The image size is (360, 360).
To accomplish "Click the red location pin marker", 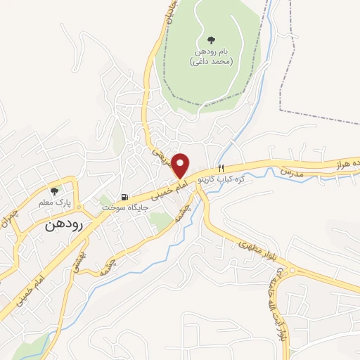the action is (x=181, y=166).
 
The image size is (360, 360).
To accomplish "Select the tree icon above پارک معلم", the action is (x=55, y=190).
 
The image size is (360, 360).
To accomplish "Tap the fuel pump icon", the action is (x=124, y=198).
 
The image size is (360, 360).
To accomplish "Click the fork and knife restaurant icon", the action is (x=221, y=168).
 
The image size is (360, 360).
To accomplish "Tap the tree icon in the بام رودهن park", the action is (x=212, y=39).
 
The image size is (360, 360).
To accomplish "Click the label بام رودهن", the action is (x=212, y=52).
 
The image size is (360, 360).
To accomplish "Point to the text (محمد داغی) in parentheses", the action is (x=211, y=62).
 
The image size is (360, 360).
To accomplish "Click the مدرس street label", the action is (x=290, y=172).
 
